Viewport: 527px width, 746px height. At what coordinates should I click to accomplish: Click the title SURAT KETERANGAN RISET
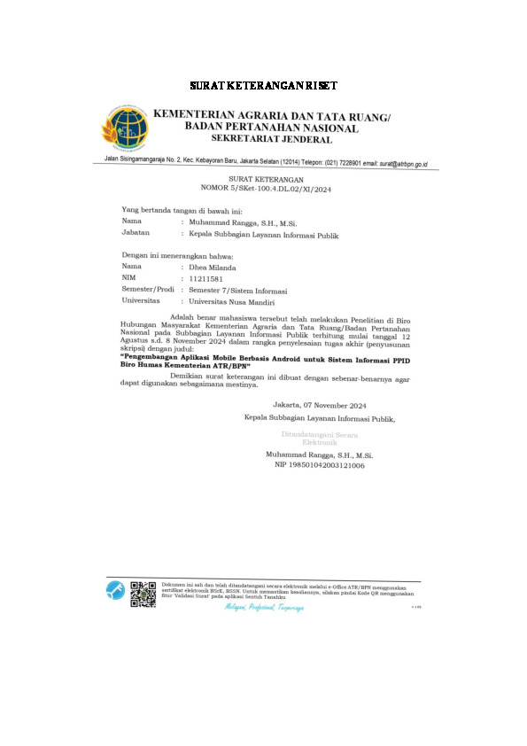(x=263, y=87)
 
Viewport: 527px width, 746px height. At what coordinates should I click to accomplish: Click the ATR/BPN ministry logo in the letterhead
(x=128, y=128)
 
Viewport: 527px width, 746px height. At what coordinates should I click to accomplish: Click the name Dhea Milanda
(x=215, y=266)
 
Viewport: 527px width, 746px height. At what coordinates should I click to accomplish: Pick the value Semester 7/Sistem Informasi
(x=238, y=290)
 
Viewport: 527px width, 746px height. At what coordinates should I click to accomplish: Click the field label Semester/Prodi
(x=148, y=290)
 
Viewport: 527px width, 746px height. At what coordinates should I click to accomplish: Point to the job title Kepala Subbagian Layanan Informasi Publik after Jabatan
(x=264, y=236)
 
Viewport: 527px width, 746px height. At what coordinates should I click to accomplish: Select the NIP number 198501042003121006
(x=320, y=464)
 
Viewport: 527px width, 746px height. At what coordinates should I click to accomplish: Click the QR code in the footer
(x=143, y=593)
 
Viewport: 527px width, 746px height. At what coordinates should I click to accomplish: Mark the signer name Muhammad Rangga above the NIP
(x=320, y=454)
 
